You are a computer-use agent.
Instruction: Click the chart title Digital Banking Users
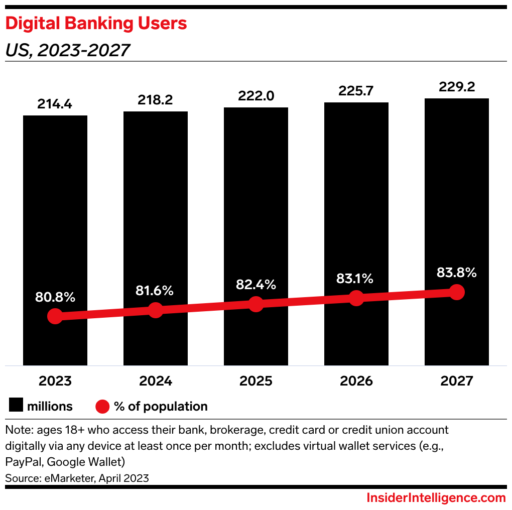click(x=96, y=24)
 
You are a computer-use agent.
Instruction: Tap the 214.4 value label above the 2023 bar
click(x=55, y=104)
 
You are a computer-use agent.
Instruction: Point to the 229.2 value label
click(x=456, y=87)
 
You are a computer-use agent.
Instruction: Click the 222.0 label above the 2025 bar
click(x=255, y=96)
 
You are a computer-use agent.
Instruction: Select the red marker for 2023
click(x=55, y=316)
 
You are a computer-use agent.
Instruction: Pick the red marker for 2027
click(x=456, y=292)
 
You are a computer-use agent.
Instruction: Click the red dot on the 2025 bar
click(x=256, y=304)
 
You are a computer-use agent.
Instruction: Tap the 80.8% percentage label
click(x=55, y=297)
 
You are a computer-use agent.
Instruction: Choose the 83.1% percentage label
click(x=356, y=279)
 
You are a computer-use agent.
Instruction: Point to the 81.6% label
click(x=155, y=290)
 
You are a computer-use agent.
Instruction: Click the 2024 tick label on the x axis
click(x=156, y=381)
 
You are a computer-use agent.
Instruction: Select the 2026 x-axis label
click(x=356, y=381)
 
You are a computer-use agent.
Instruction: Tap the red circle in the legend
click(x=102, y=406)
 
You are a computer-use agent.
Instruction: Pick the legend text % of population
click(x=161, y=406)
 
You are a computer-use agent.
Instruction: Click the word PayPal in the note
click(x=23, y=461)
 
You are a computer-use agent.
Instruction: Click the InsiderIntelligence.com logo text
click(x=436, y=498)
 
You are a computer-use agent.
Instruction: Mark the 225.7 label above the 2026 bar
click(x=356, y=91)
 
